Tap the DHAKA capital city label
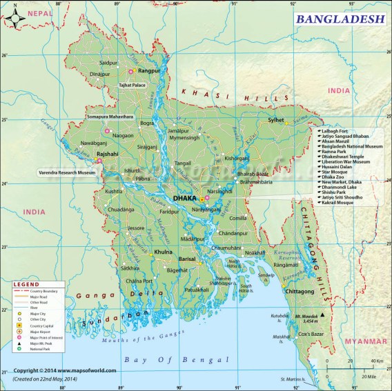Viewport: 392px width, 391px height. (184, 198)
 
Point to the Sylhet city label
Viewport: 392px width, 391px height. (275, 120)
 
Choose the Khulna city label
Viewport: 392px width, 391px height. (163, 252)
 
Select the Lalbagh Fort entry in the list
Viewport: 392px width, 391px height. (336, 131)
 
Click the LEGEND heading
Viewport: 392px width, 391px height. (27, 284)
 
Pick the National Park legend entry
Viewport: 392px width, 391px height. (42, 350)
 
